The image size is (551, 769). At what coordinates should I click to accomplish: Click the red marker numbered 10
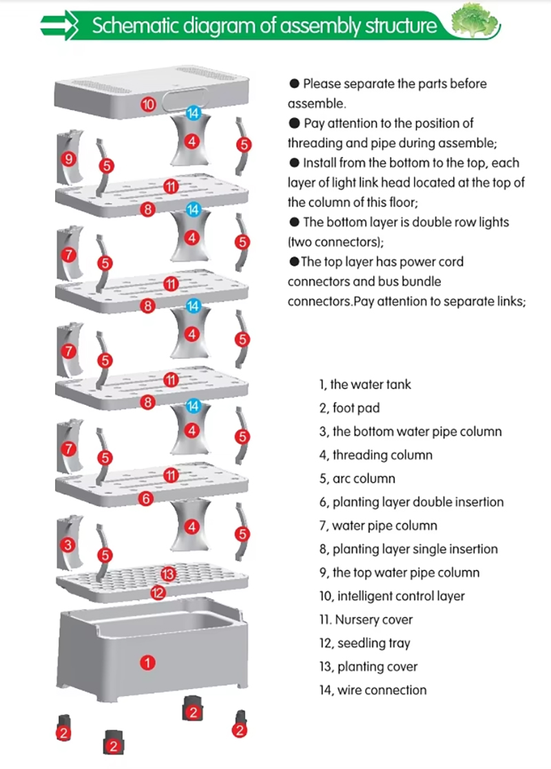coord(149,105)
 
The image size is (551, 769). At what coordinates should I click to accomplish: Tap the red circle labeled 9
coord(67,158)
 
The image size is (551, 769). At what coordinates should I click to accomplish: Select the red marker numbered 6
coord(145,499)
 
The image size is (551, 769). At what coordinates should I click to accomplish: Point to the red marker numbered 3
coord(67,545)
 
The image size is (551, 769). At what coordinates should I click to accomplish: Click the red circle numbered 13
coord(167,573)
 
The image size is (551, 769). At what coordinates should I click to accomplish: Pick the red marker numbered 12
coord(158,592)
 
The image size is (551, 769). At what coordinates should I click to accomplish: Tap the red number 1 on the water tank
coord(147,662)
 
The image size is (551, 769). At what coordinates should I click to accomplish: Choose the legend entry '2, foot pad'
coord(349,408)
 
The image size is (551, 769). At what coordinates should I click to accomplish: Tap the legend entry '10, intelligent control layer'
coord(391,596)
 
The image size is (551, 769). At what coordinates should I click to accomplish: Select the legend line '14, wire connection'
coord(373,690)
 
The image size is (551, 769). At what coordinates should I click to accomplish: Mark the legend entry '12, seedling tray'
coord(364,643)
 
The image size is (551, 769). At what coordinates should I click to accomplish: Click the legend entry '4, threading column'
coord(375,455)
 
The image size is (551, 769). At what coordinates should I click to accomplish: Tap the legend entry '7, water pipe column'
coord(377,525)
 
